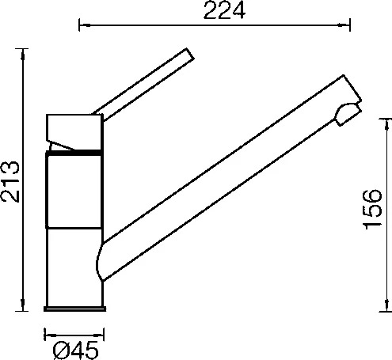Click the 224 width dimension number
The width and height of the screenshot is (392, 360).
point(224,10)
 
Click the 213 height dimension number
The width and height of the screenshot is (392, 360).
point(10,181)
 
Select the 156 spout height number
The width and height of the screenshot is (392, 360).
point(372,209)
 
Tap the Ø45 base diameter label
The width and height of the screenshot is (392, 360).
point(75,351)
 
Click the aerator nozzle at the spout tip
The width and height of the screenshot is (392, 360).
point(348,114)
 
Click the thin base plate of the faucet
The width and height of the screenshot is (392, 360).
point(74,309)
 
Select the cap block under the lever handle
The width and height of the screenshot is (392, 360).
point(74,132)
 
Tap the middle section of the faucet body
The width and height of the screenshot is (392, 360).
point(74,191)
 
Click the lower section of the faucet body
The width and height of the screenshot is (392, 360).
point(73,267)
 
